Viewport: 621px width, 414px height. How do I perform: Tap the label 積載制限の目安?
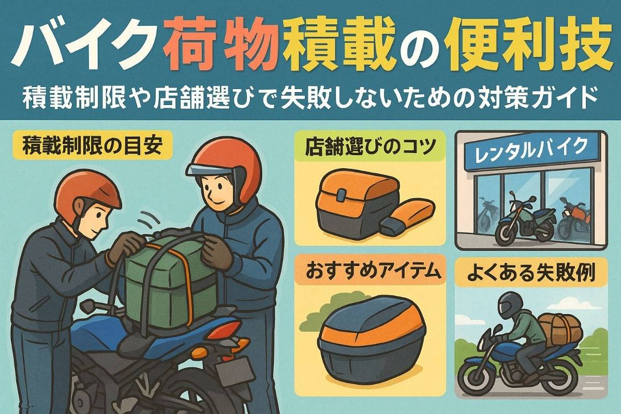pyautogui.click(x=92, y=145)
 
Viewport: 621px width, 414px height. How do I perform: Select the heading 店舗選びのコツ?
pyautogui.click(x=369, y=146)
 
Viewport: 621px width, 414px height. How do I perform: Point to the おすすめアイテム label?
pyautogui.click(x=369, y=271)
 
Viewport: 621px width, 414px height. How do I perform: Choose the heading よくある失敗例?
pyautogui.click(x=531, y=273)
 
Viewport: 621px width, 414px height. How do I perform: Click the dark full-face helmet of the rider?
pyautogui.click(x=510, y=304)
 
